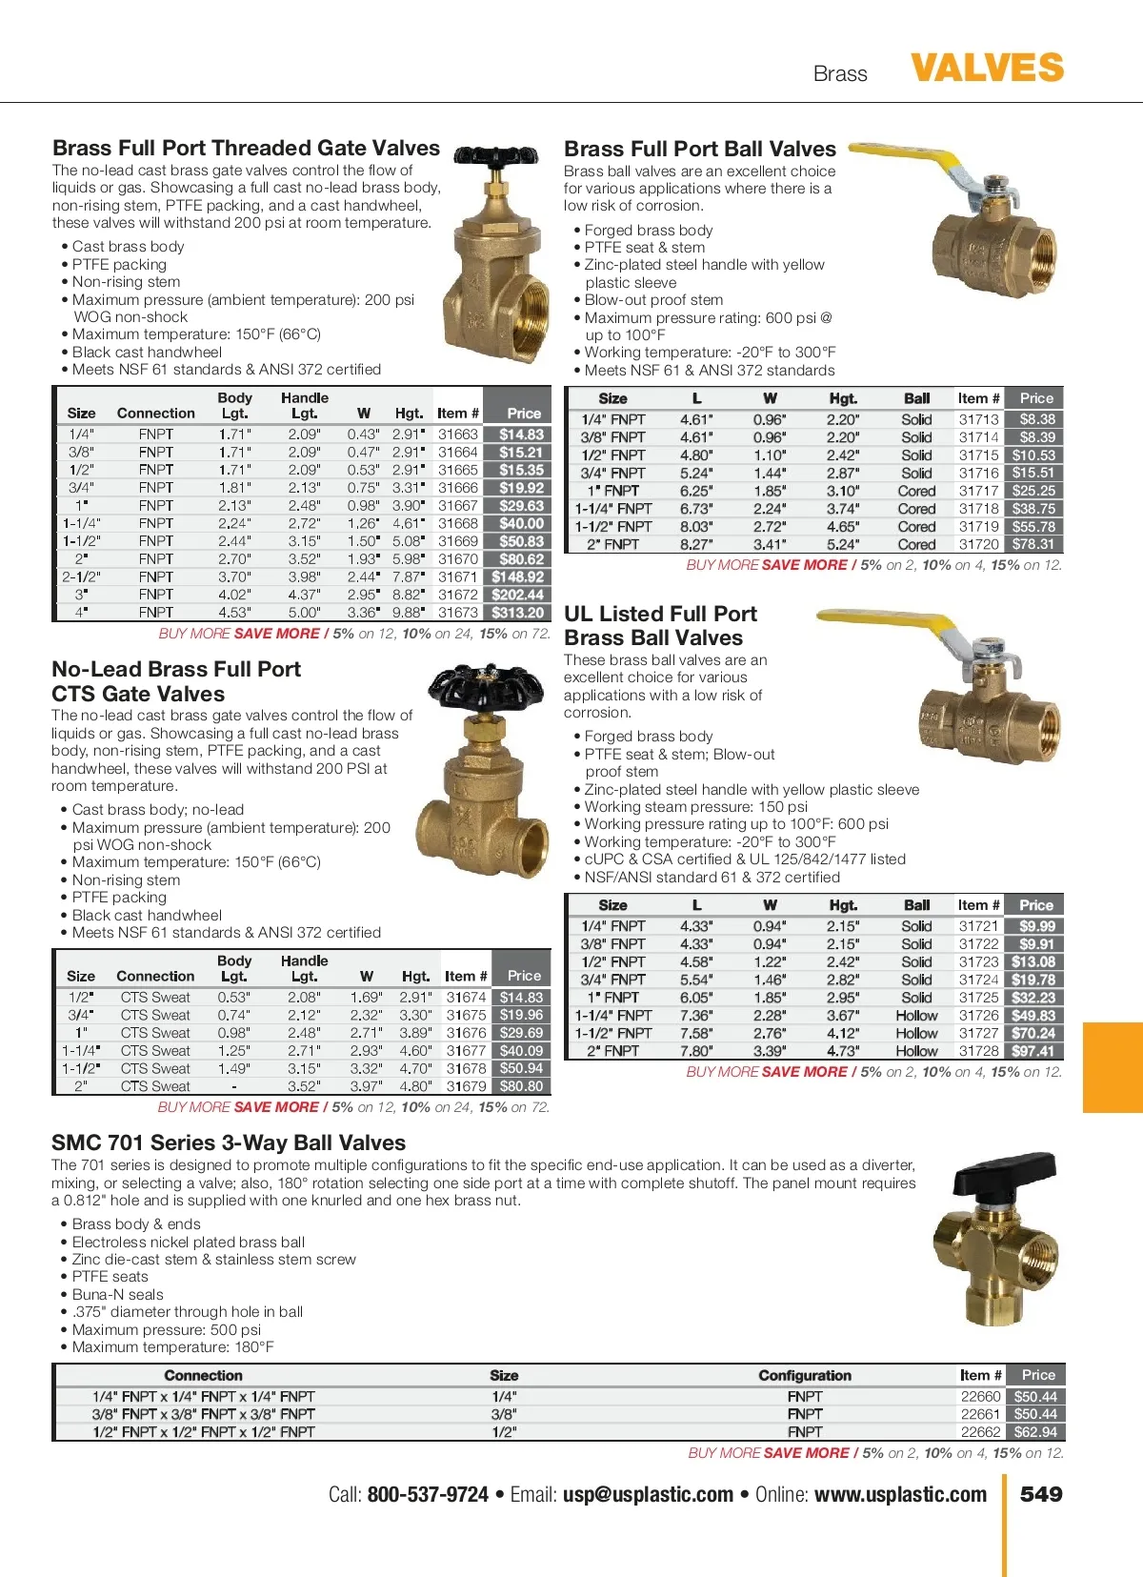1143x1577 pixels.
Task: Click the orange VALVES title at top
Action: tap(987, 69)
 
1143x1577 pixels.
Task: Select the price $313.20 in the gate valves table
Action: tap(518, 613)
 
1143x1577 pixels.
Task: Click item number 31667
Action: tap(458, 506)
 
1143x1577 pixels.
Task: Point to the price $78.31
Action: tap(1033, 544)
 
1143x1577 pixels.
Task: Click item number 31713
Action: tap(978, 419)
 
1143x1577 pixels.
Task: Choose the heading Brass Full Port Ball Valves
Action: tap(700, 150)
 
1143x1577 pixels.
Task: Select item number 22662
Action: tap(980, 1431)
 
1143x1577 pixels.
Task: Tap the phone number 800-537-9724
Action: tap(428, 1494)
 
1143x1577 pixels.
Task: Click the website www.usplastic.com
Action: tap(900, 1494)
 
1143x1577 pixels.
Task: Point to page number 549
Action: tap(1041, 1494)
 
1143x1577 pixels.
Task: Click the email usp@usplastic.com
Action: tap(648, 1494)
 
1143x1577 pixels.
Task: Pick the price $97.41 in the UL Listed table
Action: tap(1033, 1051)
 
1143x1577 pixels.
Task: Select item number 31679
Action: tap(466, 1086)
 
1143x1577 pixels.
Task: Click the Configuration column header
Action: tap(805, 1375)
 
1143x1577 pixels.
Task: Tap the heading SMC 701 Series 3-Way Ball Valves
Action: tap(229, 1143)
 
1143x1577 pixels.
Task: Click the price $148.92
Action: tap(518, 576)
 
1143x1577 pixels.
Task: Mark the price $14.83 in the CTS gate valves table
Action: tap(521, 998)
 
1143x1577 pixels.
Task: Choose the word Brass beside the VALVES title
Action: tap(840, 74)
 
